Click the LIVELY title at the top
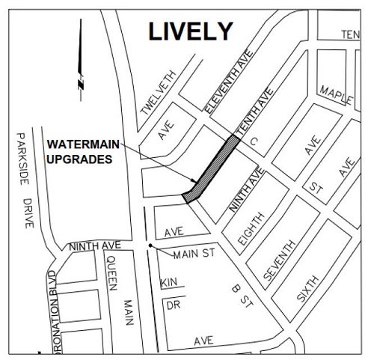[191, 31]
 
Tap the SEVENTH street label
[277, 258]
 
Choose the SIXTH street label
[308, 287]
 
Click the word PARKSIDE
[21, 161]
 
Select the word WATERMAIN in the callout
[79, 144]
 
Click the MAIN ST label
[194, 254]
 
